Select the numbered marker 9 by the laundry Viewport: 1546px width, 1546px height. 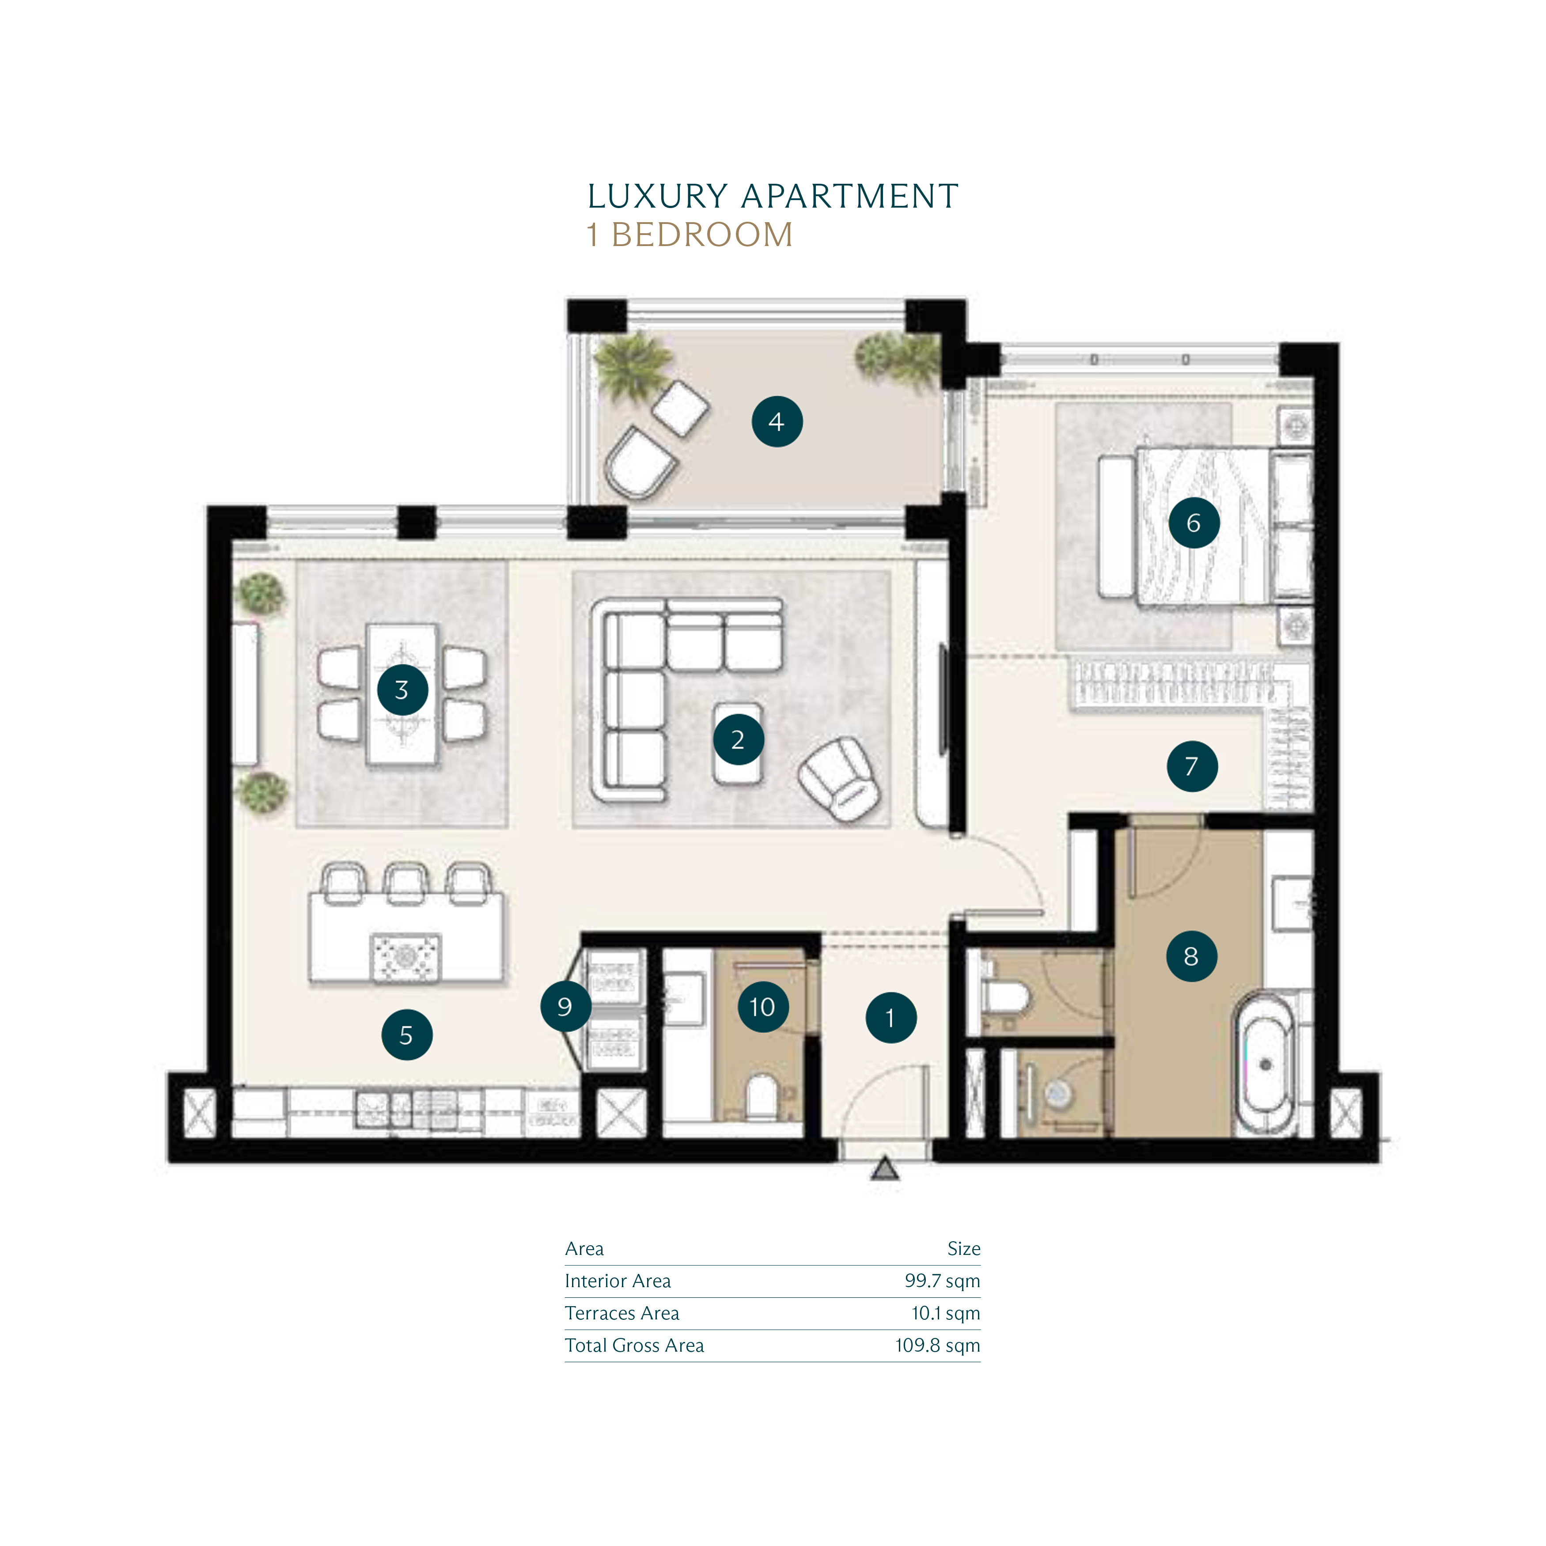click(x=565, y=1006)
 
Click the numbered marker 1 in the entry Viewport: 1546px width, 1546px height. click(x=890, y=1018)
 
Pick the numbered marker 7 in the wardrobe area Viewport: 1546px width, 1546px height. click(x=1192, y=766)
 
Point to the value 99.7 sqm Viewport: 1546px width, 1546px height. click(x=942, y=1281)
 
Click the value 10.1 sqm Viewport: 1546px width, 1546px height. click(x=946, y=1313)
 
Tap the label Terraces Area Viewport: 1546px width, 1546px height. click(x=622, y=1313)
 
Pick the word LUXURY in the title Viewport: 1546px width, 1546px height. click(x=657, y=196)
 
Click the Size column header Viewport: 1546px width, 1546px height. click(x=963, y=1248)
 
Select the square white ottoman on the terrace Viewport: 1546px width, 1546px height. click(x=680, y=408)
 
